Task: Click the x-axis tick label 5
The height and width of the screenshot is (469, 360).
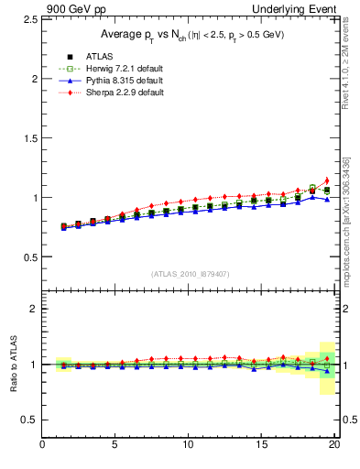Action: (115, 445)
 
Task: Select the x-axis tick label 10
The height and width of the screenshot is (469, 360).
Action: (188, 445)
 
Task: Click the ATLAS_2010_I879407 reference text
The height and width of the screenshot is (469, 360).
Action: (191, 273)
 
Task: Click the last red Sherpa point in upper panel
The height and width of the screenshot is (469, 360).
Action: (327, 180)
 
